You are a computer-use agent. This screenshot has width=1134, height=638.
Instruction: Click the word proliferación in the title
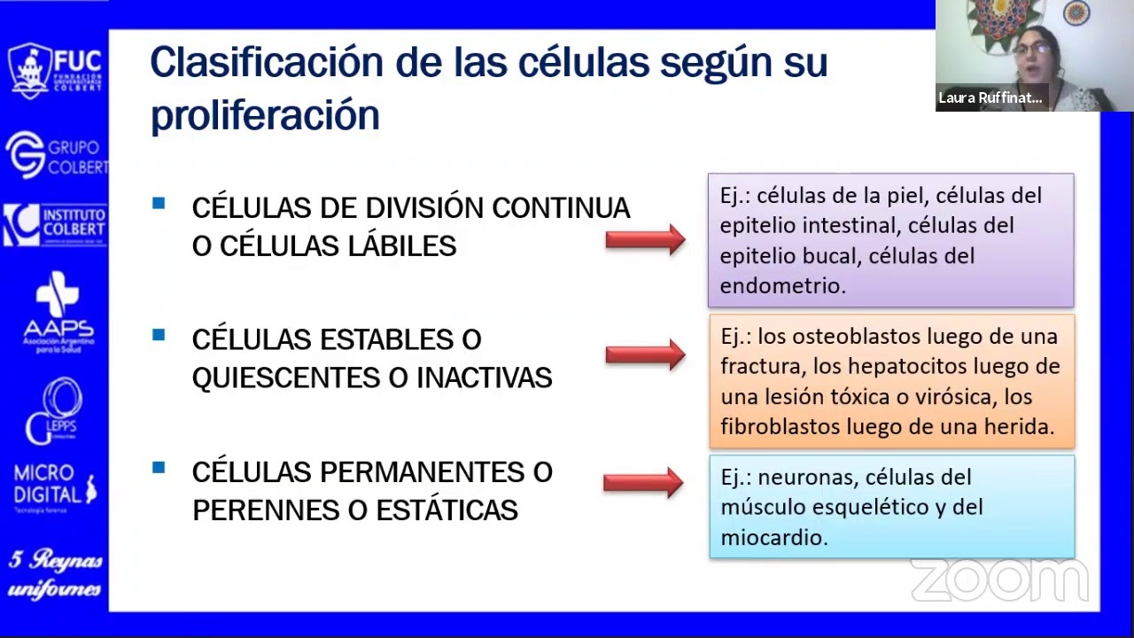(265, 116)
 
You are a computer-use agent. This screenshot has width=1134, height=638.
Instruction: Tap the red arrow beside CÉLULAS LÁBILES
(645, 239)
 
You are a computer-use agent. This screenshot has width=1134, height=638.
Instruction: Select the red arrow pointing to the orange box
(645, 354)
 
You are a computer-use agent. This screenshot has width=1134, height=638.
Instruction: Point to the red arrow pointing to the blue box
(643, 482)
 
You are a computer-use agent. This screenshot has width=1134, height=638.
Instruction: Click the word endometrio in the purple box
(781, 285)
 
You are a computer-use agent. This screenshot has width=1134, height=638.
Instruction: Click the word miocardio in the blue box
(773, 537)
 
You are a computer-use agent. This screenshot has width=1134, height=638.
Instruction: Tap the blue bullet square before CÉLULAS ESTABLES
(159, 335)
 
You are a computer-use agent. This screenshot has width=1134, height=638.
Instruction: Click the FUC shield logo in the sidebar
(29, 70)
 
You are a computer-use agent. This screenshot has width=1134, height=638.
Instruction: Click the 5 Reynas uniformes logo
(55, 573)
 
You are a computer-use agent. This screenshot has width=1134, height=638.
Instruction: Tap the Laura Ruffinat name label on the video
(990, 98)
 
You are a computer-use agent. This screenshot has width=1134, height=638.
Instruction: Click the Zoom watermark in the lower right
(998, 580)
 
